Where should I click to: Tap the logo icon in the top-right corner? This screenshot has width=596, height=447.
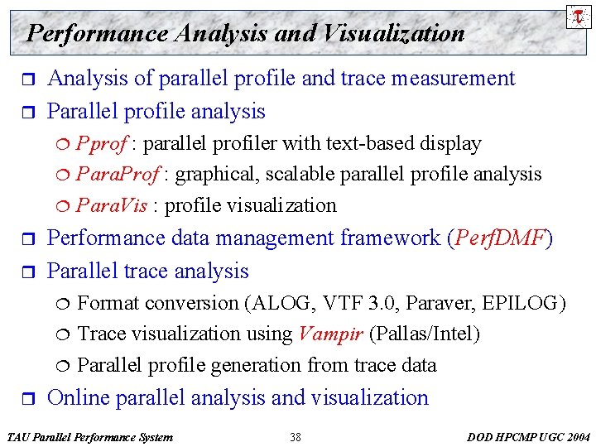pyautogui.click(x=577, y=15)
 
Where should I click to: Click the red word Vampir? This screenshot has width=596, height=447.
pyautogui.click(x=330, y=334)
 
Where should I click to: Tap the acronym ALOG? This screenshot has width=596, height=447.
pyautogui.click(x=283, y=303)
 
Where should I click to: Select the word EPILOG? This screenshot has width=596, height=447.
pyautogui.click(x=522, y=303)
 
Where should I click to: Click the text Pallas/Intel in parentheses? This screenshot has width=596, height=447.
pyautogui.click(x=424, y=334)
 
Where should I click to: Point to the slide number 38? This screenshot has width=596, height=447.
pyautogui.click(x=296, y=437)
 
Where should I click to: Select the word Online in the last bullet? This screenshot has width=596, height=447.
pyautogui.click(x=79, y=398)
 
